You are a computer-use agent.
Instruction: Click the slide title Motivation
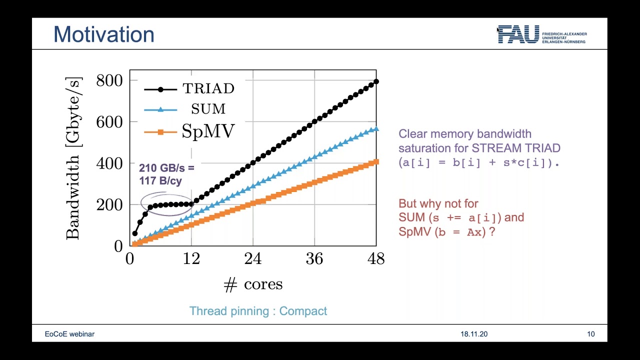(103, 34)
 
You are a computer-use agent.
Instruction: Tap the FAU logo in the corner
(541, 34)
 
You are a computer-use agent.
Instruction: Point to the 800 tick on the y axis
(109, 80)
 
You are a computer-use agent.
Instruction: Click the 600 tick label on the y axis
(109, 121)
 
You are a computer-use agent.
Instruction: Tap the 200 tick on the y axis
(109, 204)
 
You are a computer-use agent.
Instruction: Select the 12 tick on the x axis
(191, 258)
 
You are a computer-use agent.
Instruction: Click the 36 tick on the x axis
(314, 258)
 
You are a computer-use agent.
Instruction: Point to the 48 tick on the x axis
(375, 258)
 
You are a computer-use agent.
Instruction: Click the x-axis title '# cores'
(253, 284)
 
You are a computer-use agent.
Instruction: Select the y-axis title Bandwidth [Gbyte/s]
(73, 158)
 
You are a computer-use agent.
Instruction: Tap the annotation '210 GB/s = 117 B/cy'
(166, 174)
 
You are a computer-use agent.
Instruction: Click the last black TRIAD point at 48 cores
(376, 81)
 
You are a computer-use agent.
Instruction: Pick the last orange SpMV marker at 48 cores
(376, 162)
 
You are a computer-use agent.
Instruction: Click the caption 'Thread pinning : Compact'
(258, 311)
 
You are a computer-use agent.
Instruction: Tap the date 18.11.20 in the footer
(473, 334)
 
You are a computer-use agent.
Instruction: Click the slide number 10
(591, 334)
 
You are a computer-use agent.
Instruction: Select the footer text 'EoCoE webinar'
(69, 334)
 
